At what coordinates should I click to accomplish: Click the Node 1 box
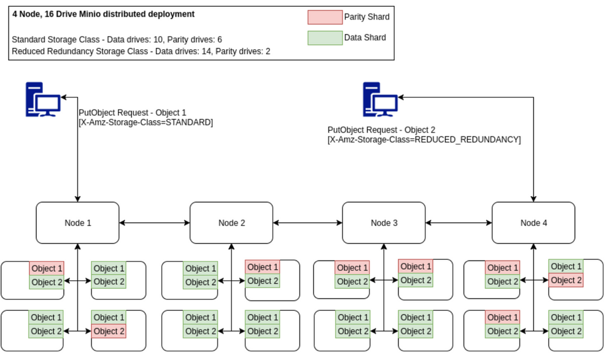[x=77, y=222]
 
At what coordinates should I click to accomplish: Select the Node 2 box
[x=231, y=222]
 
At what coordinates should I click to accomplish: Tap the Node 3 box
[x=384, y=222]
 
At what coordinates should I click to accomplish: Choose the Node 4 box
[x=533, y=222]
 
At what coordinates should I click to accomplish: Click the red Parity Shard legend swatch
[x=324, y=17]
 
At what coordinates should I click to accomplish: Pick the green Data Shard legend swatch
[x=324, y=37]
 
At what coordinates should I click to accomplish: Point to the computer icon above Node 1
[x=42, y=100]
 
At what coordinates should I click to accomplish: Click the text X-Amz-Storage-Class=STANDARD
[x=146, y=123]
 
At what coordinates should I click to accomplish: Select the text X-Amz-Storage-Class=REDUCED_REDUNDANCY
[x=424, y=140]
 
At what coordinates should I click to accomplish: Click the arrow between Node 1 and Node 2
[x=154, y=222]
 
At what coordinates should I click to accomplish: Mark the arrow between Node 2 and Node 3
[x=307, y=222]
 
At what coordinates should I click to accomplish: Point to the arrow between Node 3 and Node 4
[x=458, y=222]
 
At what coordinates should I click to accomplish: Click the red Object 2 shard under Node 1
[x=109, y=331]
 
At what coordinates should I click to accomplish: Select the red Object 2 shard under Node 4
[x=565, y=280]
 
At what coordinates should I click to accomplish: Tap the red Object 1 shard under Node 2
[x=262, y=267]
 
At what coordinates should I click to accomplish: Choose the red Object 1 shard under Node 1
[x=47, y=268]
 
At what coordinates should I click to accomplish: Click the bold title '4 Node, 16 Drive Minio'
[x=103, y=14]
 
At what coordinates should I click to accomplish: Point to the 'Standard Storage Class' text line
[x=117, y=39]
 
